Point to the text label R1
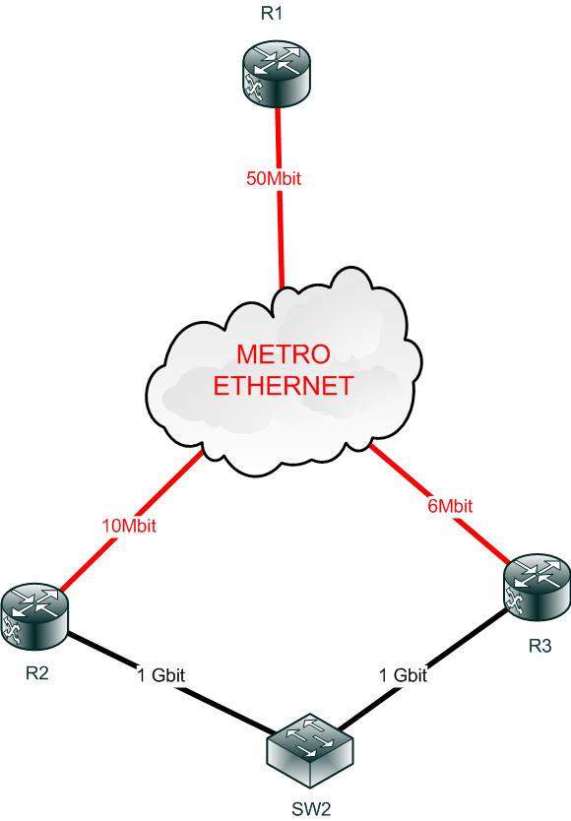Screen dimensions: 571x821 tap(272, 13)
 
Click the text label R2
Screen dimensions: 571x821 tap(36, 672)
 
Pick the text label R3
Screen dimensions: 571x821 tap(539, 646)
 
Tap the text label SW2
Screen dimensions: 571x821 tap(311, 809)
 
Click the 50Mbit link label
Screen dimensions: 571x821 tap(274, 178)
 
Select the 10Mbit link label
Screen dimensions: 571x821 tap(129, 525)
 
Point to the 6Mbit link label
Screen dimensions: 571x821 tap(450, 506)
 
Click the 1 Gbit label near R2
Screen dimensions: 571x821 tap(160, 675)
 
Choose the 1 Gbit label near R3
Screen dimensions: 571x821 tap(403, 675)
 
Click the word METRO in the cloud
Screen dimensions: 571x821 tap(284, 354)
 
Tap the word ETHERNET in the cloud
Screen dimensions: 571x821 tap(283, 386)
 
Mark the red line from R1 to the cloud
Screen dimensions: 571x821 tap(280, 198)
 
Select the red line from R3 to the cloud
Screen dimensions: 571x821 tap(441, 504)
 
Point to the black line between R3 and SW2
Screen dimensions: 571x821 tap(422, 669)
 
